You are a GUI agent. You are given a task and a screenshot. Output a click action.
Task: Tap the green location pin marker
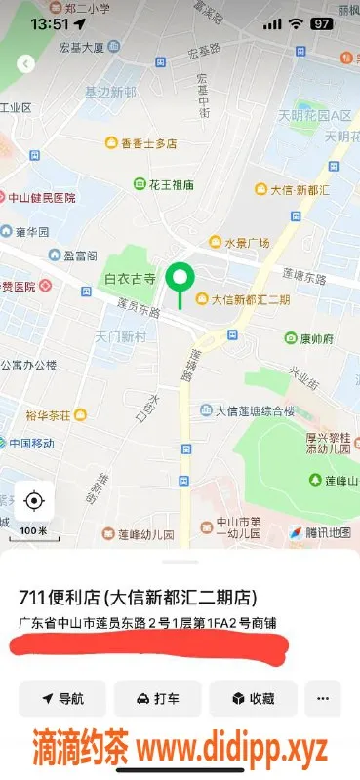(179, 281)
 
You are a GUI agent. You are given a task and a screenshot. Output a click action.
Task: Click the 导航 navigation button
(62, 698)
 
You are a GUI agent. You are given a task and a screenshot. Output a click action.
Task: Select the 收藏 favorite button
(253, 698)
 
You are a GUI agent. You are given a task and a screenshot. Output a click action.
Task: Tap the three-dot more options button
(323, 698)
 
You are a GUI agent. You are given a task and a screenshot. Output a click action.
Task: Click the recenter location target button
(34, 501)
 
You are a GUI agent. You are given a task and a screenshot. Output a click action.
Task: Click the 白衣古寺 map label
(131, 279)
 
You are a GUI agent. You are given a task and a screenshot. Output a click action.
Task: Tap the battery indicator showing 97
(321, 23)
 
